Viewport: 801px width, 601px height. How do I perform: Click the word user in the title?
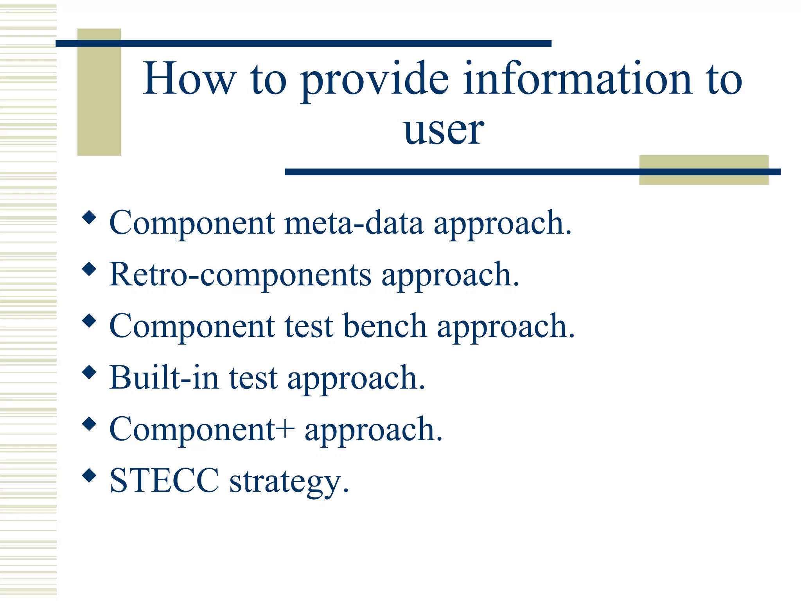444,131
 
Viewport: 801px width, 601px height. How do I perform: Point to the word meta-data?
354,223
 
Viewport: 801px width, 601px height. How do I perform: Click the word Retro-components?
240,275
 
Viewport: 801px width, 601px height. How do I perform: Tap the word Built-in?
164,378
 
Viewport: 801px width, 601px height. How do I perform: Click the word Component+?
202,429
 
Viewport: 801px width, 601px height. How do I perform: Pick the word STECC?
164,481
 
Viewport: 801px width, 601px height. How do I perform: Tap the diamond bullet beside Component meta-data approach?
90,218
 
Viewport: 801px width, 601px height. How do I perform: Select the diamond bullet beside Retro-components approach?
90,269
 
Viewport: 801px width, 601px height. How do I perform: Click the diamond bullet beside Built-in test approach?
90,372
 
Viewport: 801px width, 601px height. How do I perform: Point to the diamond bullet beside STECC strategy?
90,476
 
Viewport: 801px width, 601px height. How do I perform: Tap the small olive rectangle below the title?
704,178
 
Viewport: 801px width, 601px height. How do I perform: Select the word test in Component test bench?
309,327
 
